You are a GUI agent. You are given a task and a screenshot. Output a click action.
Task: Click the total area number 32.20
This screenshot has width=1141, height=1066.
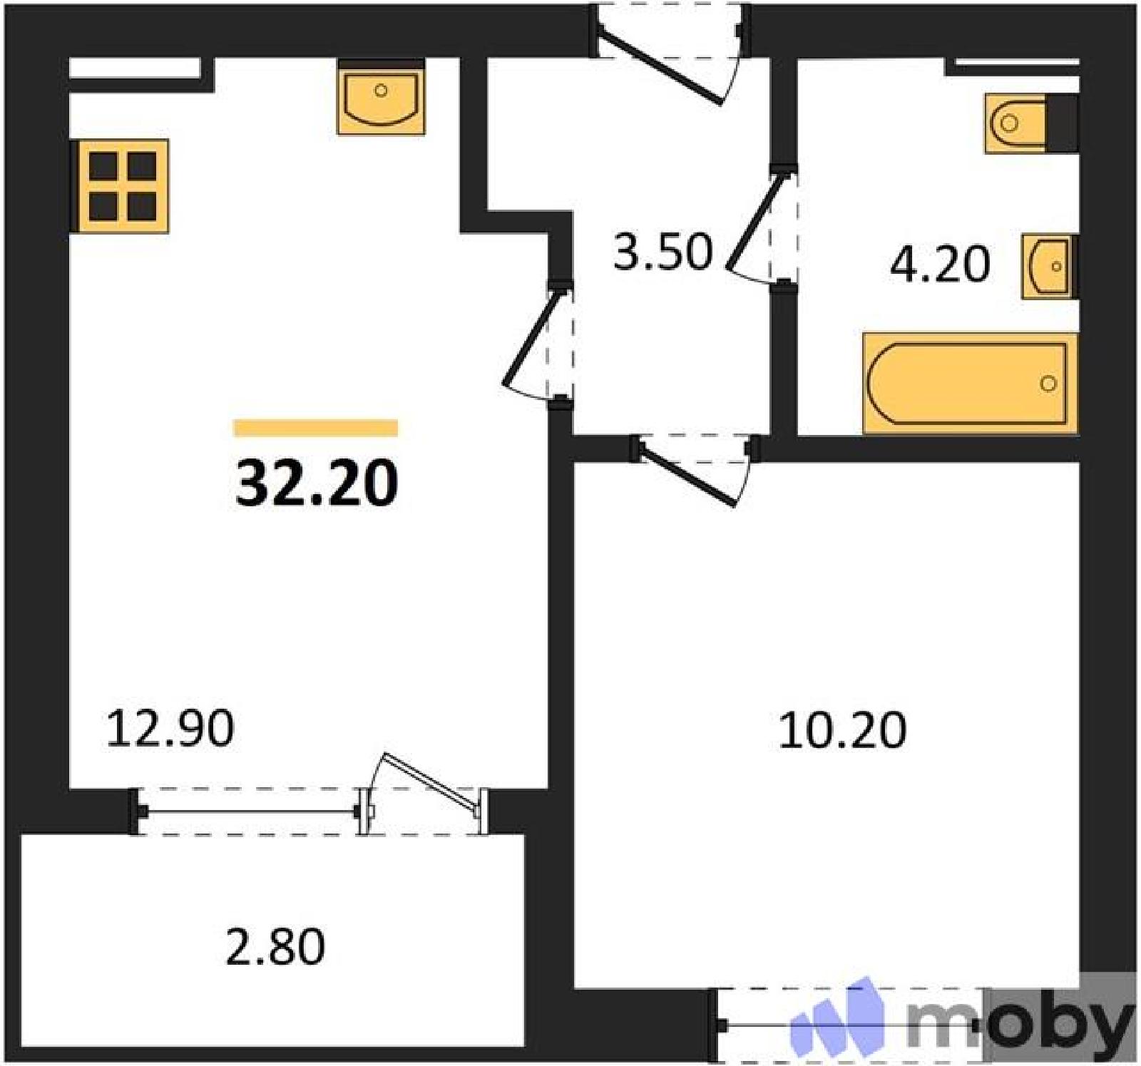pos(317,483)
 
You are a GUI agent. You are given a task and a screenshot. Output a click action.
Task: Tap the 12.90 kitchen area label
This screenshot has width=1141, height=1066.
pos(170,729)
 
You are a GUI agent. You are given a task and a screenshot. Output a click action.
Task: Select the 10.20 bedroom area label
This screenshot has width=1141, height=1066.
pos(842,730)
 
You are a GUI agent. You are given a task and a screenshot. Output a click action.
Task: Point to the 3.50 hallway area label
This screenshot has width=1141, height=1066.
pos(662,252)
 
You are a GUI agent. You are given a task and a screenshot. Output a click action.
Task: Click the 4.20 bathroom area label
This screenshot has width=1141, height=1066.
pos(940,264)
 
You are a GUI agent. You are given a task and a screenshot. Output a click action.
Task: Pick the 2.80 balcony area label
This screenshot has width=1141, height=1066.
pos(275,946)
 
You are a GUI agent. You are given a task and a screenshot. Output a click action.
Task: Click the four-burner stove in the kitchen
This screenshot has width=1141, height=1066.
pos(120,186)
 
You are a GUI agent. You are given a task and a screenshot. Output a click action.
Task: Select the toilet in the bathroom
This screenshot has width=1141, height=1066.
pos(1031,123)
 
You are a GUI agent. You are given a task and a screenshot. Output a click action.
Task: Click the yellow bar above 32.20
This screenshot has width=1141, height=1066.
pos(316,428)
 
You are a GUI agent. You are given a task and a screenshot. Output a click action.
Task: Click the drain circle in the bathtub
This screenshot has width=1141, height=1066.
pos(1048,384)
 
